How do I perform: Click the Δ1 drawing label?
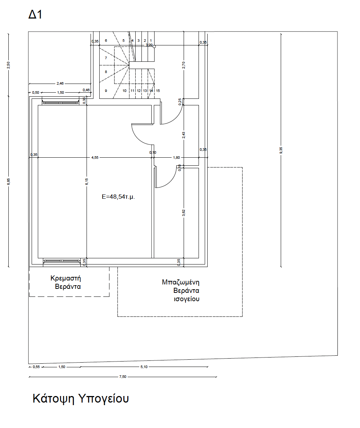(35, 14)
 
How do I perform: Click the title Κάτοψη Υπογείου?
(81, 399)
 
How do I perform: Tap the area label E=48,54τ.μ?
(118, 197)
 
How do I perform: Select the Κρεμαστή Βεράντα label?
(66, 282)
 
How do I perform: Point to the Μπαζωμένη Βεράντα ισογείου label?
(181, 290)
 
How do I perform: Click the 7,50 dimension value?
(123, 377)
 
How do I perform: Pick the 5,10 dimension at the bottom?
(144, 367)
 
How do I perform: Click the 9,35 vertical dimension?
(281, 150)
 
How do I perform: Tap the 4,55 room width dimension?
(95, 157)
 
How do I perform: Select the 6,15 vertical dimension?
(87, 182)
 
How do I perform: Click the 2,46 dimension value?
(60, 84)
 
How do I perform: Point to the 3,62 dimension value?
(184, 213)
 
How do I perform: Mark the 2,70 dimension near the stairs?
(184, 65)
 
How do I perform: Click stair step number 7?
(106, 58)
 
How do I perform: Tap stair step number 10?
(125, 90)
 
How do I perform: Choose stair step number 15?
(158, 90)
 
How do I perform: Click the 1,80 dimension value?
(176, 157)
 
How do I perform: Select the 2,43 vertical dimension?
(184, 135)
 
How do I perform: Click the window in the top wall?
(60, 102)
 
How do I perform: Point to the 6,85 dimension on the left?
(8, 182)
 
